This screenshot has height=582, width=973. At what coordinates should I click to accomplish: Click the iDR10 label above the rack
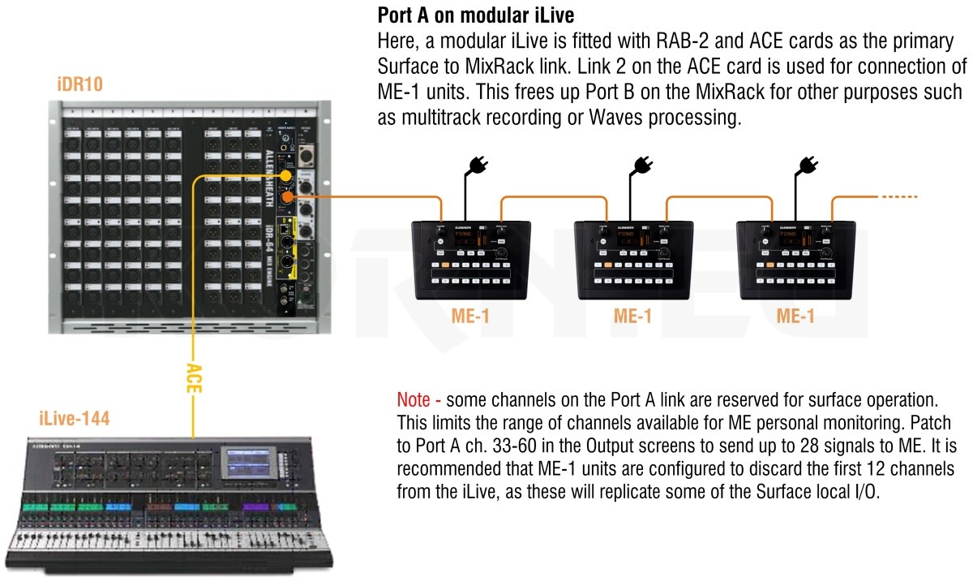click(x=80, y=84)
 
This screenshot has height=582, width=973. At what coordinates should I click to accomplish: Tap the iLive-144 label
click(x=74, y=419)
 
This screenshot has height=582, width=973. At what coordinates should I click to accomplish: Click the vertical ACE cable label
click(x=193, y=377)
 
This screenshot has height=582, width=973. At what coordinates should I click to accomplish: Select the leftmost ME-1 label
click(x=471, y=316)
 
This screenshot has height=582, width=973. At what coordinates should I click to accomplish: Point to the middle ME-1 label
click(x=632, y=316)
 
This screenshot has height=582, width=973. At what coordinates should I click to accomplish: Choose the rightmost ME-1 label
click(x=795, y=316)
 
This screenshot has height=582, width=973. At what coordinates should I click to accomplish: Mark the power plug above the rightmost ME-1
click(x=807, y=166)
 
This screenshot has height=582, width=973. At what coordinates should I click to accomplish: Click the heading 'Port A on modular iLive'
click(x=476, y=15)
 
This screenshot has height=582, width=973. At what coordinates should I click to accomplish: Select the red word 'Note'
click(x=414, y=400)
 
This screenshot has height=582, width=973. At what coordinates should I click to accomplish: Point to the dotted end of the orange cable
click(x=900, y=197)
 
